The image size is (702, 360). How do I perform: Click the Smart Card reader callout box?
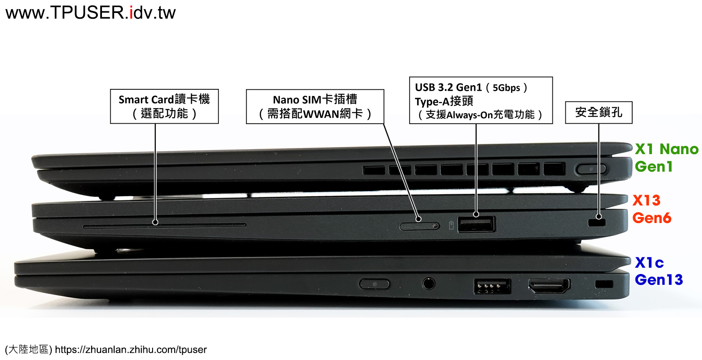(164, 106)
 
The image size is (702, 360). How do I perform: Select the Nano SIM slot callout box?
(315, 106)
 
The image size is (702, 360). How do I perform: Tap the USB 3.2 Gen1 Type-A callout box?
(481, 100)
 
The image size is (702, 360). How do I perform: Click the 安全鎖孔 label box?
(598, 112)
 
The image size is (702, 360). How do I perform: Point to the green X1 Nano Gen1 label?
(666, 157)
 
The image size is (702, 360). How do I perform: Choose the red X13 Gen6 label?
(651, 209)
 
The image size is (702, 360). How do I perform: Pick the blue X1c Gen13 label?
(659, 271)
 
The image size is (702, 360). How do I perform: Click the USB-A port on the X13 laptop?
(476, 224)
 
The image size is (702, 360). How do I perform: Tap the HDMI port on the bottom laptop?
(549, 285)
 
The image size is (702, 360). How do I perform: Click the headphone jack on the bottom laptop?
(428, 284)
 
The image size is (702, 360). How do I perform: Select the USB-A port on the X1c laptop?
(492, 286)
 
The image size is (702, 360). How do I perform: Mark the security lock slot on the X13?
(596, 223)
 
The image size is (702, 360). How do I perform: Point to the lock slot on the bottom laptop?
(604, 284)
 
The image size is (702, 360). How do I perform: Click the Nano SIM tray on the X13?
(420, 226)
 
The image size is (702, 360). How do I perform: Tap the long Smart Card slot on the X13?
(164, 226)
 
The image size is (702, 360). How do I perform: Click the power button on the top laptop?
(591, 169)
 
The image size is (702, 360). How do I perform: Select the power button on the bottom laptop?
(374, 284)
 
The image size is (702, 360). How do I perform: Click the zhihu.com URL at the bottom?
(131, 349)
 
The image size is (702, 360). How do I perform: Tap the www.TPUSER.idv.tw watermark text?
(91, 13)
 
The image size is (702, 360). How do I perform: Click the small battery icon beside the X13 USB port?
(451, 225)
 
